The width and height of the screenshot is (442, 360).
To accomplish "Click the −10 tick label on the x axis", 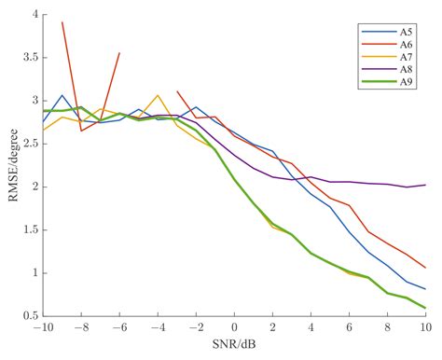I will (42, 329).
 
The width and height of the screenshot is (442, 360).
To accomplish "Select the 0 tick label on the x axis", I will (234, 329).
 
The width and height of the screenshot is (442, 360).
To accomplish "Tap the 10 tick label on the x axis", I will (425, 329).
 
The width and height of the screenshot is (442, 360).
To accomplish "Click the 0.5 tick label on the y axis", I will (29, 316).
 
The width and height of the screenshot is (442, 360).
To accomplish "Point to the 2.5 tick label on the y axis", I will (29, 144).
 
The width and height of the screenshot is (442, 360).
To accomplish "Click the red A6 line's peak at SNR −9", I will (62, 22).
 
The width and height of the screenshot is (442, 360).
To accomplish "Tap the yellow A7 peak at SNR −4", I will (158, 95).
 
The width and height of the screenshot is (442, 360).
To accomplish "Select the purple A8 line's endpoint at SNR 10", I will (425, 185).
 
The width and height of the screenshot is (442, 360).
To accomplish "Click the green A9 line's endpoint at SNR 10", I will (425, 308).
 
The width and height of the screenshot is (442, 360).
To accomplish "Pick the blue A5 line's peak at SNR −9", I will (62, 95).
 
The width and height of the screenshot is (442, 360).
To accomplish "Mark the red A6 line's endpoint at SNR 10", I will (425, 268).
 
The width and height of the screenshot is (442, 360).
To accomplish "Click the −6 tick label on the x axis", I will (119, 329).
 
